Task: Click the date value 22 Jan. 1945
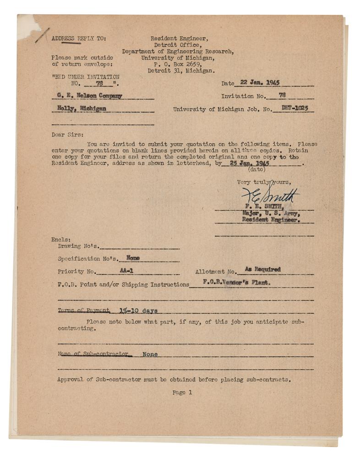(260, 83)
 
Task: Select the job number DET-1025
(291, 109)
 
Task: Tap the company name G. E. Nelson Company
(90, 96)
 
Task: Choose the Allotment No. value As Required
(262, 269)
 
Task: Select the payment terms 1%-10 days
(138, 311)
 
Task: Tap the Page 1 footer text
(182, 392)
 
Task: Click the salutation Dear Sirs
(68, 135)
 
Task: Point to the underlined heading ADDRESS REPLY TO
(78, 38)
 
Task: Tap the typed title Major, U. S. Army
(271, 213)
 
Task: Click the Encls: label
(61, 239)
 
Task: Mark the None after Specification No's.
(133, 258)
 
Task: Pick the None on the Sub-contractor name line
(150, 354)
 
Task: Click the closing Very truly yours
(263, 182)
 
